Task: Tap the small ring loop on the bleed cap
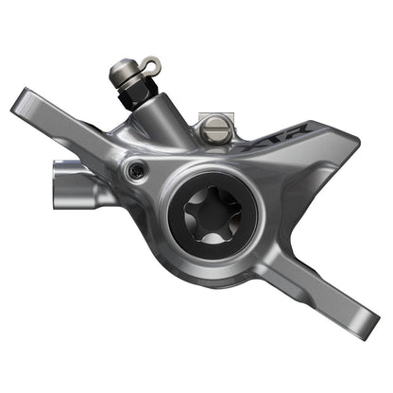click(x=149, y=63)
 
